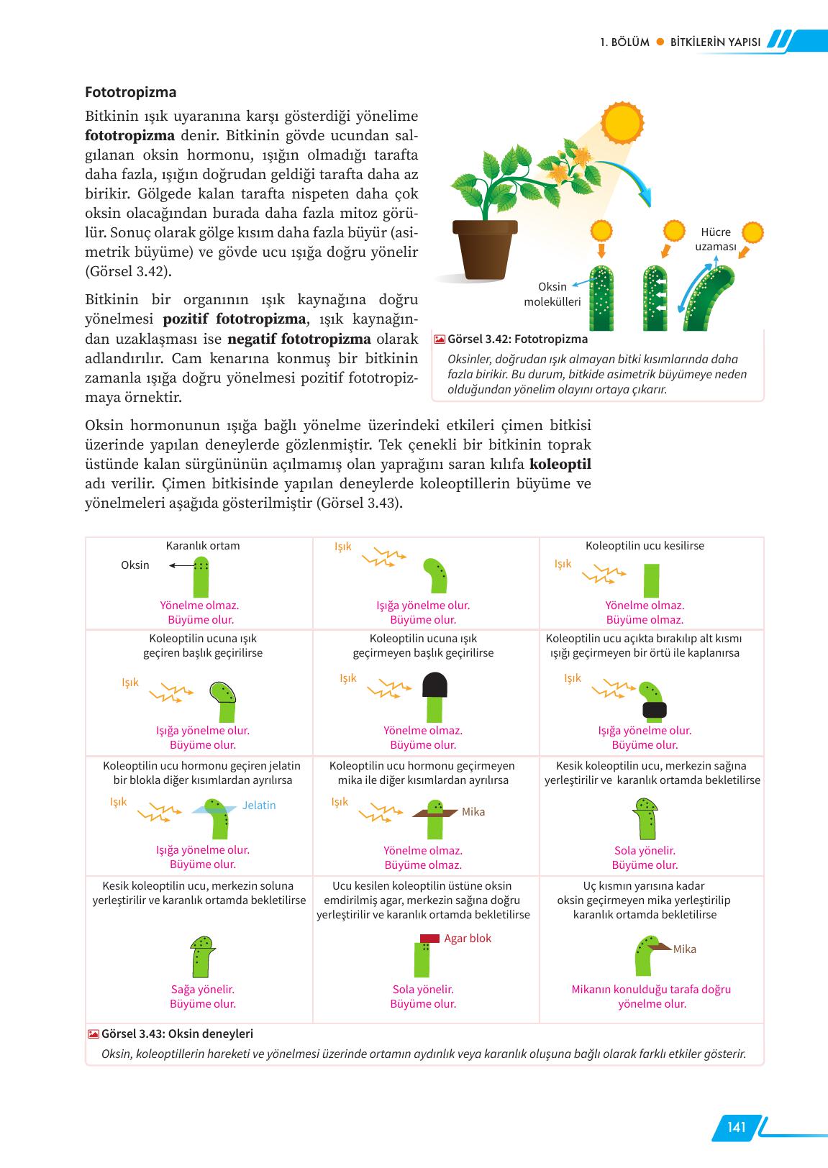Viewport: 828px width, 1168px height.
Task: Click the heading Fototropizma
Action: [x=130, y=93]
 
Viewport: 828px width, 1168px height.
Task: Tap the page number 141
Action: [x=736, y=1127]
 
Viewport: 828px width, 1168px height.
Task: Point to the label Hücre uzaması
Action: [x=715, y=239]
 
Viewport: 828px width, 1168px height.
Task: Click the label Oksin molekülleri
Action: [x=552, y=294]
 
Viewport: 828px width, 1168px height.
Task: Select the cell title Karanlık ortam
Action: [x=203, y=546]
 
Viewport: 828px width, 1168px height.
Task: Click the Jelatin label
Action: [x=259, y=806]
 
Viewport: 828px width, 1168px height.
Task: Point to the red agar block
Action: [x=429, y=938]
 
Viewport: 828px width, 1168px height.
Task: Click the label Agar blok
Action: [x=468, y=939]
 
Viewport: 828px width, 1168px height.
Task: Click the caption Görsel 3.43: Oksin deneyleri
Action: [x=177, y=1034]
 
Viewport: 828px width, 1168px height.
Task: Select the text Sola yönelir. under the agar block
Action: [x=423, y=990]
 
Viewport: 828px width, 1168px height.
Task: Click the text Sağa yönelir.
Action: [x=203, y=990]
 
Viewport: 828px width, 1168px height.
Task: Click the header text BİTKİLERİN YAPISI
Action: [x=715, y=42]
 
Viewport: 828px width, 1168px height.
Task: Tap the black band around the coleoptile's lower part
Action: [x=654, y=711]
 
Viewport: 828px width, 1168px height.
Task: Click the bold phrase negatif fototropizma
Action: [x=299, y=339]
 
